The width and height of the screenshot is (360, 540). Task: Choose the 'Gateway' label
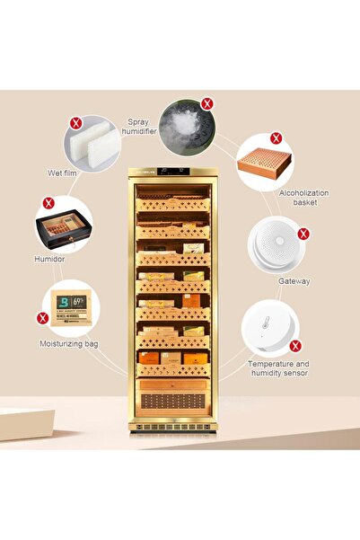[294, 281]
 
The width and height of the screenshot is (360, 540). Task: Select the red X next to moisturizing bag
[41, 317]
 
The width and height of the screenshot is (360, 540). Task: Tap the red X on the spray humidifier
[207, 103]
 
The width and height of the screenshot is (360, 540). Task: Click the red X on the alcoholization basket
[276, 137]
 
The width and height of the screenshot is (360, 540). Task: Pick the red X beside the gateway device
[303, 234]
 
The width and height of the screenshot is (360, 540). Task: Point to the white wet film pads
[91, 141]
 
